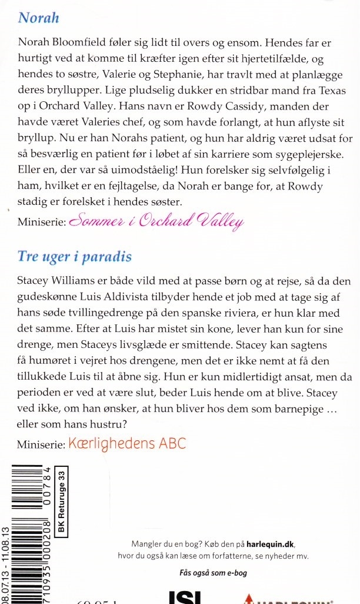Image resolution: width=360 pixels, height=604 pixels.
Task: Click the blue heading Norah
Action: click(39, 18)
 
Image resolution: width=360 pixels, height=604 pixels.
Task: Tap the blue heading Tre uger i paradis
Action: click(74, 257)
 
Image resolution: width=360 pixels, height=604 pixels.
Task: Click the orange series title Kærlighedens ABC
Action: click(126, 443)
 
